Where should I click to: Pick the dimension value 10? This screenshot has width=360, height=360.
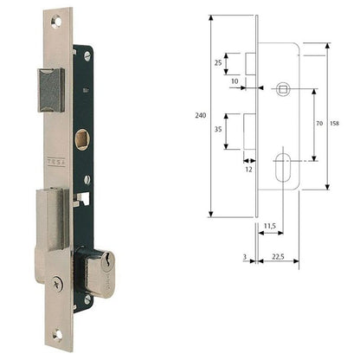click(235, 80)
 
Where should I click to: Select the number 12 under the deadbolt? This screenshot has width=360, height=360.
click(247, 168)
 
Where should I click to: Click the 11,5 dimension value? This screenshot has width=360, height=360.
click(269, 226)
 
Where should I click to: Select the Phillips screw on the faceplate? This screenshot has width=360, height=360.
click(58, 280)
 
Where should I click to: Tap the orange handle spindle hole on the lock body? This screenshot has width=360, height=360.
click(82, 138)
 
